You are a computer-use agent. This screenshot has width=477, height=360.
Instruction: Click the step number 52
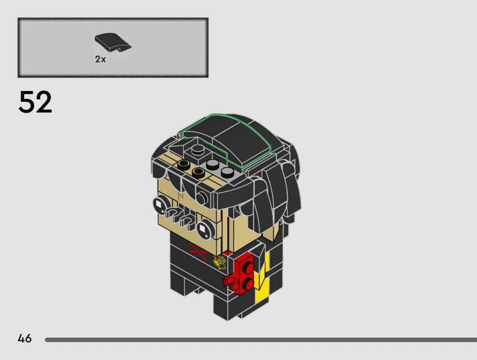35,102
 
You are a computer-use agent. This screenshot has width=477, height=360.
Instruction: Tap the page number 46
25,338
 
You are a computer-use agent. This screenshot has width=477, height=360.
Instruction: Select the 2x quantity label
101,59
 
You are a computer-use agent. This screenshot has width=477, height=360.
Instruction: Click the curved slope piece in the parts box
113,42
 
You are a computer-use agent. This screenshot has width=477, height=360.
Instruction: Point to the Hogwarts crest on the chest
219,263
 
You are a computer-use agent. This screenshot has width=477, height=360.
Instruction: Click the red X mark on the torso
198,252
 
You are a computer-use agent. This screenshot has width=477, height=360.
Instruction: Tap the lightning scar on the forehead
181,196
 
